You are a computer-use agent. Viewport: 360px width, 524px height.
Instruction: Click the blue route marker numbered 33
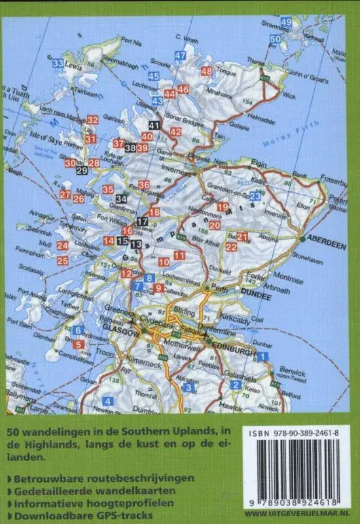(x=58, y=64)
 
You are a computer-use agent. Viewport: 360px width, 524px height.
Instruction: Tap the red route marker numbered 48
(x=207, y=71)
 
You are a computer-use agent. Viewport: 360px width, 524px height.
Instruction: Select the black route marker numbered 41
(x=154, y=125)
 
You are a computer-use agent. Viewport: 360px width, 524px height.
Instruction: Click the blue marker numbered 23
(x=255, y=196)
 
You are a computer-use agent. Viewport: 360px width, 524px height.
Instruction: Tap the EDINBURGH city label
(x=232, y=352)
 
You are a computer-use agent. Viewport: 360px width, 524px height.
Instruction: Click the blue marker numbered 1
(x=263, y=356)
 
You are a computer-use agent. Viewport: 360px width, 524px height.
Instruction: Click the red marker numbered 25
(x=63, y=261)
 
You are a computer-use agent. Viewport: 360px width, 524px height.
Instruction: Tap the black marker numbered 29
(x=82, y=171)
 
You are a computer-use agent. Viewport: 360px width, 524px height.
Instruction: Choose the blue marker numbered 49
(x=286, y=22)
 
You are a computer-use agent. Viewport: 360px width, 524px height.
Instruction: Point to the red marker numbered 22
(x=231, y=246)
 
